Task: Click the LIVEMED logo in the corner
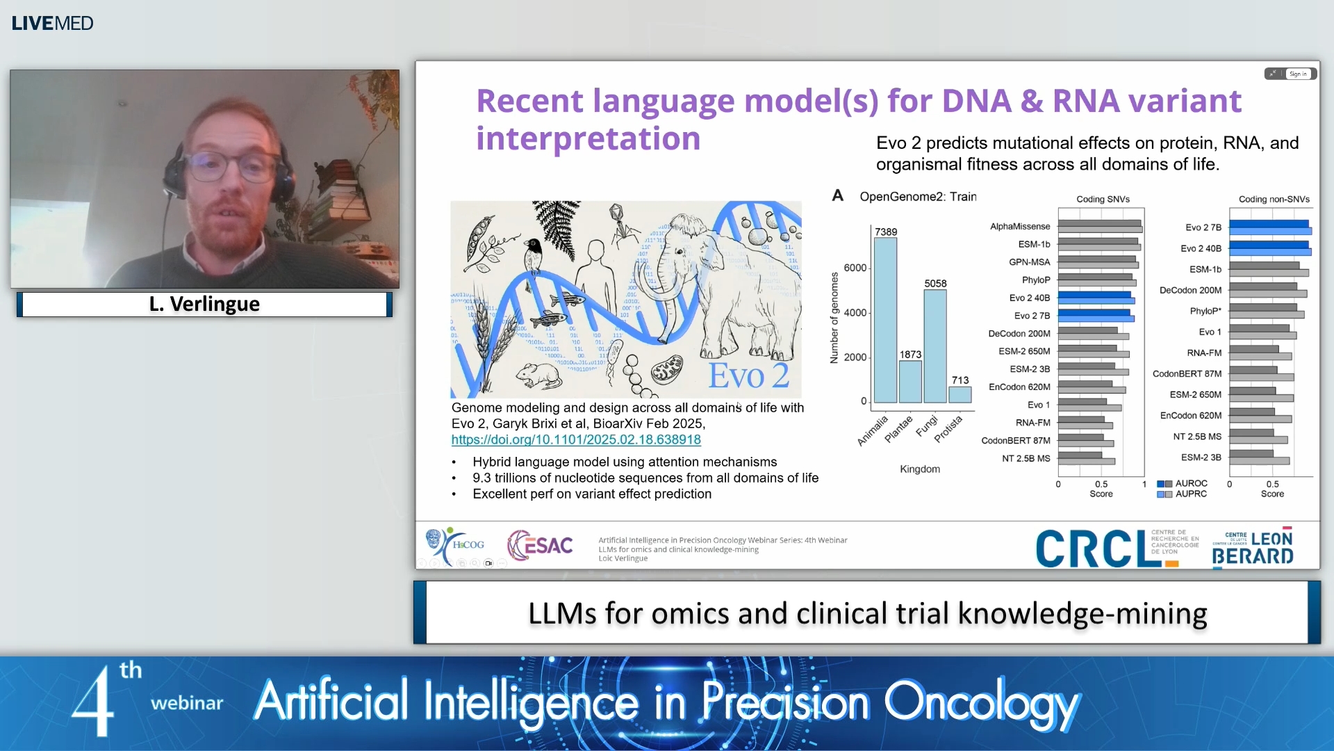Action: (52, 23)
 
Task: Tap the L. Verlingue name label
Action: (204, 304)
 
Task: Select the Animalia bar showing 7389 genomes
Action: (885, 320)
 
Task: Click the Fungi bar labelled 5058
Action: (935, 346)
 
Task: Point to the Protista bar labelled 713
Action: (960, 394)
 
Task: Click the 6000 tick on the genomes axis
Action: (855, 268)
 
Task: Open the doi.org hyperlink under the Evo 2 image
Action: (576, 439)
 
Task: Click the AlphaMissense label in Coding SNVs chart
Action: (1020, 226)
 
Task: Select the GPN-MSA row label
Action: (1029, 262)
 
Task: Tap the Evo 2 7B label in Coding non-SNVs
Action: (1203, 227)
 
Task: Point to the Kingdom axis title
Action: (920, 469)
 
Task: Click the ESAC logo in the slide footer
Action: (541, 545)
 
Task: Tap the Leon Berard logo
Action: (1253, 549)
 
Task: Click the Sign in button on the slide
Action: (1298, 74)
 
